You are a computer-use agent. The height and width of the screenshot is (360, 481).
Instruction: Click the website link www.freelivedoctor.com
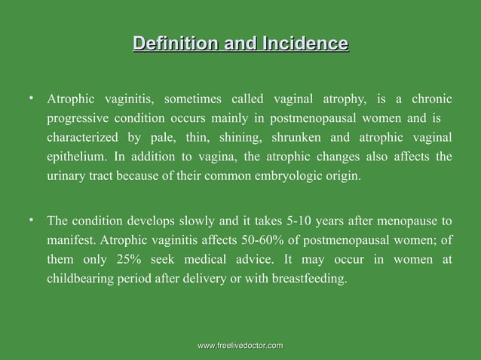pos(240,345)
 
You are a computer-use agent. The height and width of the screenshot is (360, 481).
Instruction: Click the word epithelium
pos(75,158)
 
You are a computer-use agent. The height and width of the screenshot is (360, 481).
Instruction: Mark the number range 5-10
pos(302,221)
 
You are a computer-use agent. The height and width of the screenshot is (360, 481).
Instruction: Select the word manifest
pos(72,241)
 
